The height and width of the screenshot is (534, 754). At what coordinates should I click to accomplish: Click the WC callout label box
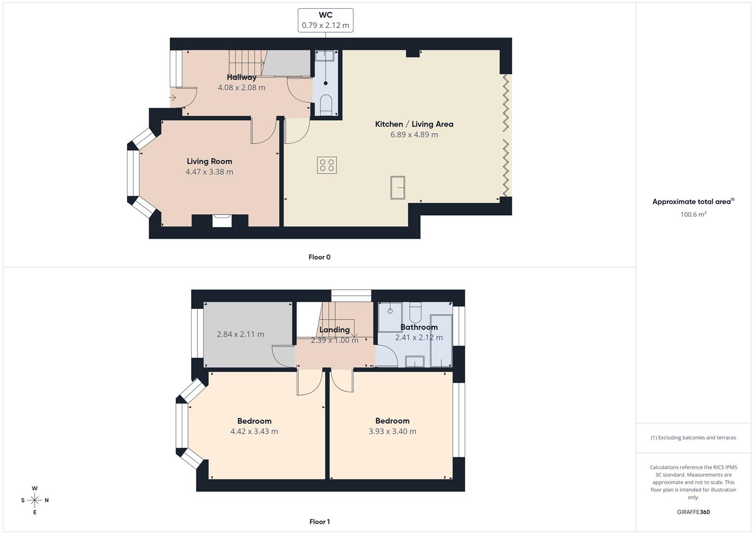(x=325, y=20)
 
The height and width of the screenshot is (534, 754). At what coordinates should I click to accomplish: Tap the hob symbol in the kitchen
(x=326, y=165)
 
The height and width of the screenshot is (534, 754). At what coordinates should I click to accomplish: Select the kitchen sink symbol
(x=398, y=187)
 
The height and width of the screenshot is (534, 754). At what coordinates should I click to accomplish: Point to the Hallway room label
(x=241, y=77)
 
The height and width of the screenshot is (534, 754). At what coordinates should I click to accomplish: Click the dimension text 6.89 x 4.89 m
(x=414, y=134)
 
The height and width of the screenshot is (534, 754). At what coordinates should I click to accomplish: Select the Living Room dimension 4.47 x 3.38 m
(x=209, y=172)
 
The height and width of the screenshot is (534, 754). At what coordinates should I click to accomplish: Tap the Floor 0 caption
(x=319, y=257)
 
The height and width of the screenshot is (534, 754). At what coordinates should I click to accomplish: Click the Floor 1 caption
(x=319, y=522)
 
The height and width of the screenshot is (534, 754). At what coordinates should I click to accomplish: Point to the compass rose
(x=35, y=500)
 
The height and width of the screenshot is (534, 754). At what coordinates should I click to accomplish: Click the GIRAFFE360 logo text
(x=693, y=512)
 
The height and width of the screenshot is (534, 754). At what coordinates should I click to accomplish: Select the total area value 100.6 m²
(x=693, y=215)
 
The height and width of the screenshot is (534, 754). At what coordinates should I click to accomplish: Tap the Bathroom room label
(x=419, y=327)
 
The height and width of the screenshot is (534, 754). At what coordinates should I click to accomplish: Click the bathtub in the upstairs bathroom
(x=441, y=340)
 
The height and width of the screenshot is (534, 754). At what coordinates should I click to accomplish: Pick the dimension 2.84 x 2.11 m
(x=240, y=334)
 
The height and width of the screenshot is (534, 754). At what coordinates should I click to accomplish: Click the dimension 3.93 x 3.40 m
(x=392, y=432)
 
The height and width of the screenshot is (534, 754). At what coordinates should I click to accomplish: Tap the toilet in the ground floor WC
(x=326, y=105)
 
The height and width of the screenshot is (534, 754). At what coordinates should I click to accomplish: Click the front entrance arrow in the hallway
(x=172, y=98)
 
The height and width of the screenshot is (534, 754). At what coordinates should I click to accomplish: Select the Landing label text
(x=334, y=330)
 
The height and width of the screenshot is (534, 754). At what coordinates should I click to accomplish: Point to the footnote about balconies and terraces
(x=693, y=438)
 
